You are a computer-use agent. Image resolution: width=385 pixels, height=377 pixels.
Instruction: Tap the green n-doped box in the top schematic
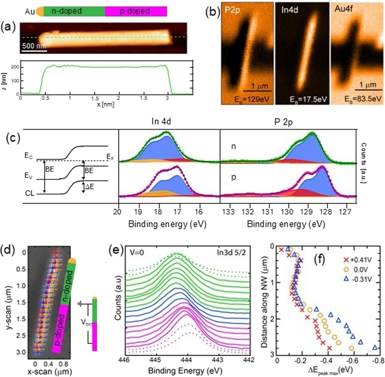pyautogui.click(x=74, y=12)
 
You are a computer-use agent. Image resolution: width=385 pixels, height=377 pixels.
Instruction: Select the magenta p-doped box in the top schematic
pyautogui.click(x=135, y=12)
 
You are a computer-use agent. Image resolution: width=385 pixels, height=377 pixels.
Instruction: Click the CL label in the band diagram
pyautogui.click(x=36, y=194)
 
